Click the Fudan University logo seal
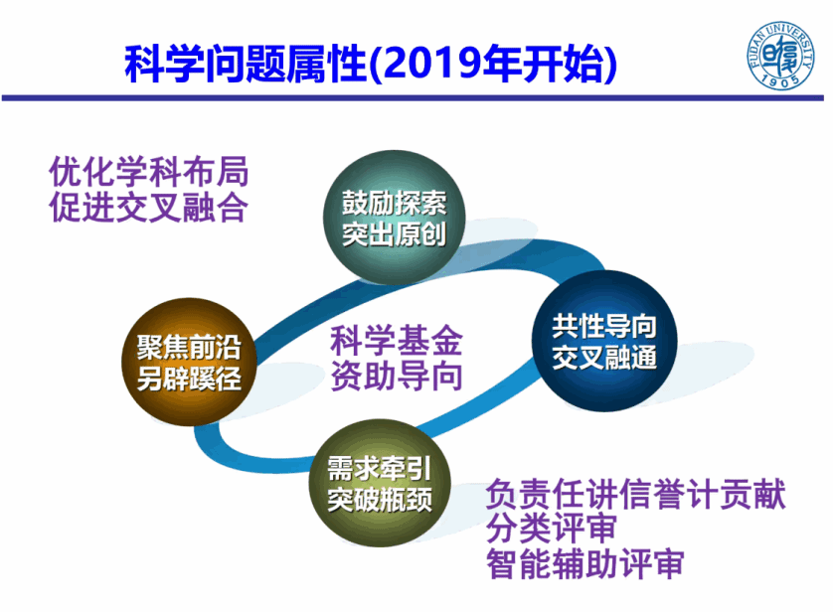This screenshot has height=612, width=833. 780,56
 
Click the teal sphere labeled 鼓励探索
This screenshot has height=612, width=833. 395,218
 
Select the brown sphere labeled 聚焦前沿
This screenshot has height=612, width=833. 189,362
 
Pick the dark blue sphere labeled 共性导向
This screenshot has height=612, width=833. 604,340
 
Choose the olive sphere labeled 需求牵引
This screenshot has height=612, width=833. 380,483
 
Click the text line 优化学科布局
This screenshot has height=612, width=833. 149,172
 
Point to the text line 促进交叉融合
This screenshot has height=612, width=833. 149,207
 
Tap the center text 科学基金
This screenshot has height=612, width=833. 397,340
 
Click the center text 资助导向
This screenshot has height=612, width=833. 397,376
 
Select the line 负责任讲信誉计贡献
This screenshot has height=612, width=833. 636,494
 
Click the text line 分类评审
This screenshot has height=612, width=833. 552,529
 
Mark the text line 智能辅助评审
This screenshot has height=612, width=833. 585,563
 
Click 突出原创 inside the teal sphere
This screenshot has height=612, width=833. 395,233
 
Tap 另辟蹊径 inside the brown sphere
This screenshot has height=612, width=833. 189,379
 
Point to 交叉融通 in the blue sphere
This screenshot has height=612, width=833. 604,357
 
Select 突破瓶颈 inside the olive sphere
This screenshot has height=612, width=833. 380,500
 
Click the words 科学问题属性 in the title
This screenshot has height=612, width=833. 246,64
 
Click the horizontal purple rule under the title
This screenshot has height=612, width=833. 413,98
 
